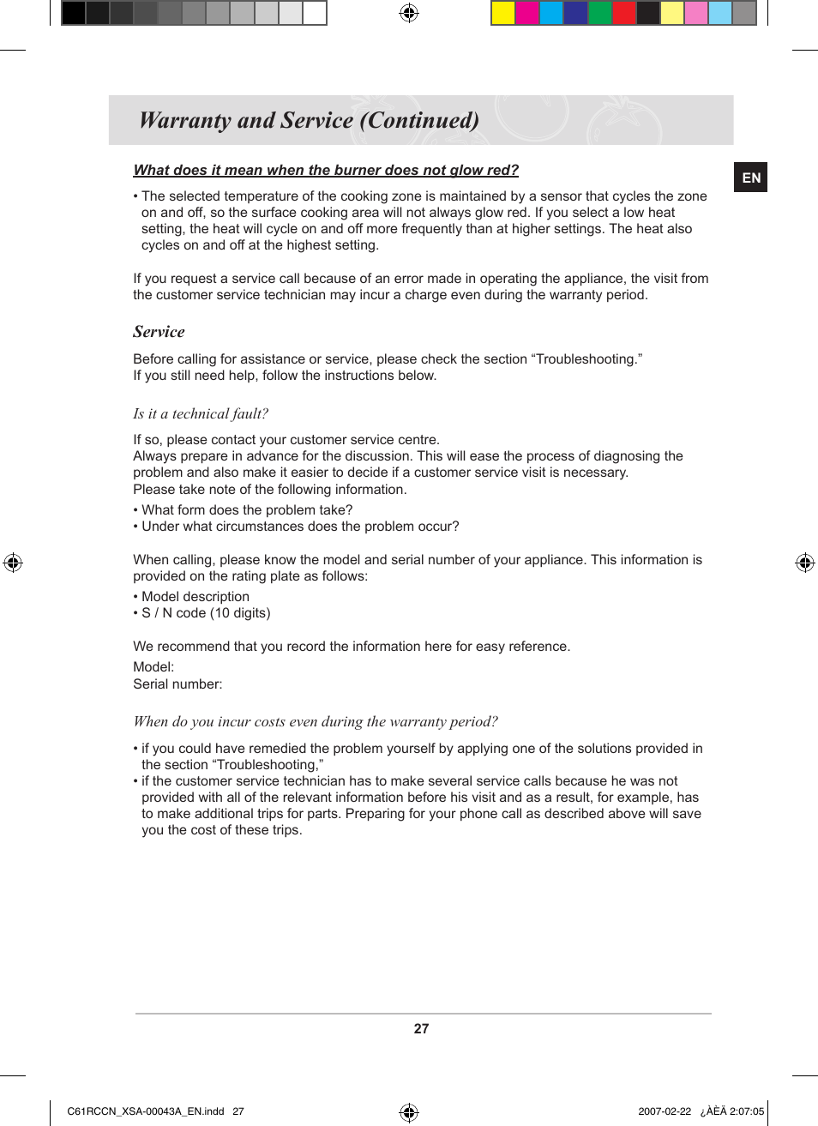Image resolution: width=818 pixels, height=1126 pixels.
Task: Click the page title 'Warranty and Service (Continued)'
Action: click(309, 120)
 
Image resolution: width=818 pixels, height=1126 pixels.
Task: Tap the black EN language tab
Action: click(750, 178)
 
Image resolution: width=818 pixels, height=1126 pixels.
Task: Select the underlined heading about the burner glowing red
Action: click(326, 170)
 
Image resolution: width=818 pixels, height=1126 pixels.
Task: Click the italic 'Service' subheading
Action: click(159, 332)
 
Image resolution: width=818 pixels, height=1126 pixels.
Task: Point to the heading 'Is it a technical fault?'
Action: click(201, 413)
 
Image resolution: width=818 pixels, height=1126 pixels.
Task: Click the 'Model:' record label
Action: click(153, 667)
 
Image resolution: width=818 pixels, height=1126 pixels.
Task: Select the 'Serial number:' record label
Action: click(177, 684)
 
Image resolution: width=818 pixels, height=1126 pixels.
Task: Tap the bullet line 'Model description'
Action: click(195, 597)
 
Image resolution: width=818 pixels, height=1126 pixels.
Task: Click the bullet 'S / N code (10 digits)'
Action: click(205, 613)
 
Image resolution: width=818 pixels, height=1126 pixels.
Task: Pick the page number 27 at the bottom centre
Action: click(421, 1029)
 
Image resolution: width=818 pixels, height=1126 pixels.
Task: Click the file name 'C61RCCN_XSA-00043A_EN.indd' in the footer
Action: click(145, 1111)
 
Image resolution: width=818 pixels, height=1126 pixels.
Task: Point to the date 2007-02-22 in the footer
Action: click(664, 1111)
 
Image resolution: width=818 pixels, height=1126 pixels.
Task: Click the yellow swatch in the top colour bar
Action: click(503, 13)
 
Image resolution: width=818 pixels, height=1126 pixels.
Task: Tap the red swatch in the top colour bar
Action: click(624, 13)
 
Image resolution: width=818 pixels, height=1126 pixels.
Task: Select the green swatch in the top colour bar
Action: click(600, 13)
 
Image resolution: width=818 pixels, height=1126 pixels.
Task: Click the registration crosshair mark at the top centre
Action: click(409, 13)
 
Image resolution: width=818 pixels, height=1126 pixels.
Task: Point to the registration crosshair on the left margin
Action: click(13, 563)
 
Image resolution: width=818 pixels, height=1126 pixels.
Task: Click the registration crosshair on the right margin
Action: click(804, 563)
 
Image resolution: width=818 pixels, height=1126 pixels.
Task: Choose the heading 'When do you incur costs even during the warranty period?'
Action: click(316, 722)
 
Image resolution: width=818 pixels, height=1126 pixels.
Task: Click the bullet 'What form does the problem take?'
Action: click(246, 510)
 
